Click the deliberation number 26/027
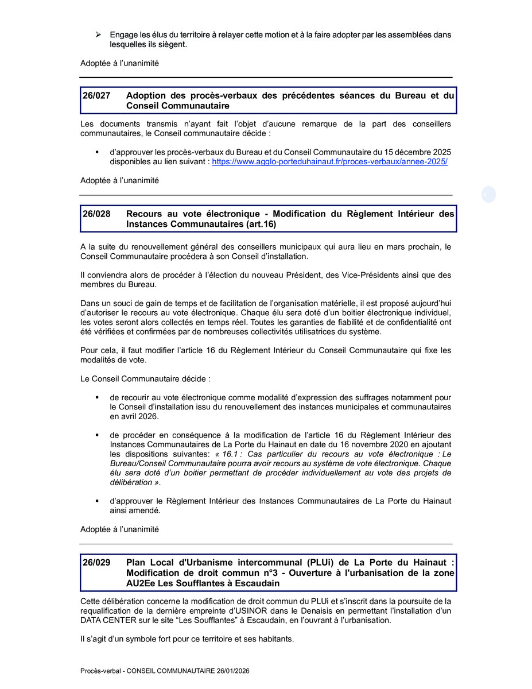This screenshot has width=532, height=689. coord(96,96)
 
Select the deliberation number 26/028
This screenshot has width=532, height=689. coord(96,214)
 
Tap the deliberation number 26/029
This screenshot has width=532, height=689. coord(96,563)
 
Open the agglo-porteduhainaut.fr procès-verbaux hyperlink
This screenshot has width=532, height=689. coord(330,162)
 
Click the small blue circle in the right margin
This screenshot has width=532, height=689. coord(488,195)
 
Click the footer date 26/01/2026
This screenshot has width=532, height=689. coord(232,671)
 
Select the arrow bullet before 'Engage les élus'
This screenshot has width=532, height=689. coord(98,35)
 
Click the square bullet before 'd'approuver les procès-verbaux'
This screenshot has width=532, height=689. coord(98,152)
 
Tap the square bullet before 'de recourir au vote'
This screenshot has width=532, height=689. coord(98,397)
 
